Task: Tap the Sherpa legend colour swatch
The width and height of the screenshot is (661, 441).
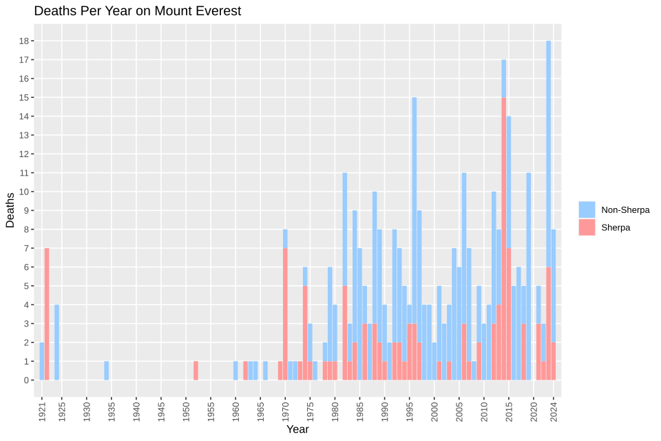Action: point(587,227)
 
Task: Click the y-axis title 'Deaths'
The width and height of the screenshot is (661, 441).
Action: point(10,209)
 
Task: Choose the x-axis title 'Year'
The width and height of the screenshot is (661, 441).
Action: point(297,429)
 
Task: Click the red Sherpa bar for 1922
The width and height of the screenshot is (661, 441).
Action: point(47,314)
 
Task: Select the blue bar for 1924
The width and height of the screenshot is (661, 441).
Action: point(56,342)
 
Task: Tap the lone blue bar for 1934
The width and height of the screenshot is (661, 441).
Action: point(106,370)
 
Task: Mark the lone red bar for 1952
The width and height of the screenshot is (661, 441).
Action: point(196,370)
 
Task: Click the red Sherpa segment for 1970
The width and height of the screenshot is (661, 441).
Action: point(285,314)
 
